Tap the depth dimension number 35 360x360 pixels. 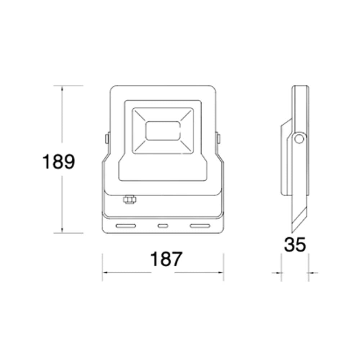pos(295,245)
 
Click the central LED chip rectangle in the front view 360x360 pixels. pos(163,131)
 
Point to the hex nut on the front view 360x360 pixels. pos(129,199)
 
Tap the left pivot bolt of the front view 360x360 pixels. pos(107,138)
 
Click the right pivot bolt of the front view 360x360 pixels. pos(218,138)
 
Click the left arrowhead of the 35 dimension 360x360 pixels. pos(279,273)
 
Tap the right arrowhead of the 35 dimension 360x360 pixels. pos(310,273)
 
